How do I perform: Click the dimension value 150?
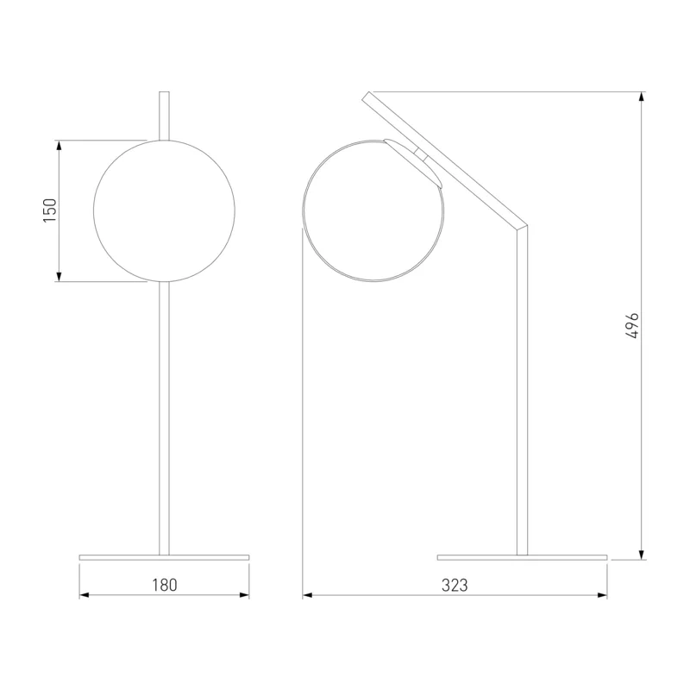[x=50, y=210]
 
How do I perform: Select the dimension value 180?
[x=165, y=585]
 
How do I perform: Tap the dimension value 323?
[x=455, y=586]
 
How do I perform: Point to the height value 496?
[x=632, y=326]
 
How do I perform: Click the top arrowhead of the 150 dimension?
[x=59, y=145]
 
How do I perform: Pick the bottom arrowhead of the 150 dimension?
[x=59, y=276]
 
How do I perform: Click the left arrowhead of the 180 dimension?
[x=85, y=595]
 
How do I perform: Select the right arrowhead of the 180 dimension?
[x=244, y=595]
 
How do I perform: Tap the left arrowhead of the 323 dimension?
[x=308, y=595]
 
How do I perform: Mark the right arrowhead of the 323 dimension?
[x=602, y=595]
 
